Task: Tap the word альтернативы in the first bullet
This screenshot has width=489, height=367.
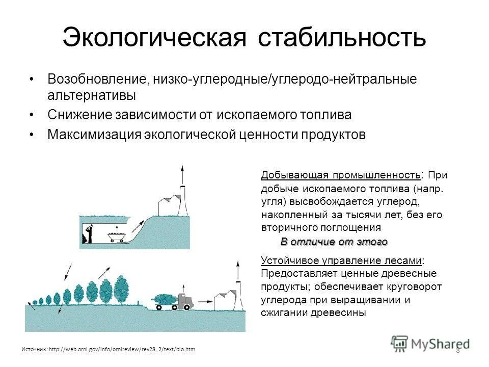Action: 92,95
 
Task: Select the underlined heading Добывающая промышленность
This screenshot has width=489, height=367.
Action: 341,175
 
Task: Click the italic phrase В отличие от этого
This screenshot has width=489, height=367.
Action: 334,242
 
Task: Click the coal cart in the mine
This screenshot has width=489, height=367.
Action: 116,236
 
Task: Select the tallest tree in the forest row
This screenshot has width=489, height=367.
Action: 121,289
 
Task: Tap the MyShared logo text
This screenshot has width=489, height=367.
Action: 441,344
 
